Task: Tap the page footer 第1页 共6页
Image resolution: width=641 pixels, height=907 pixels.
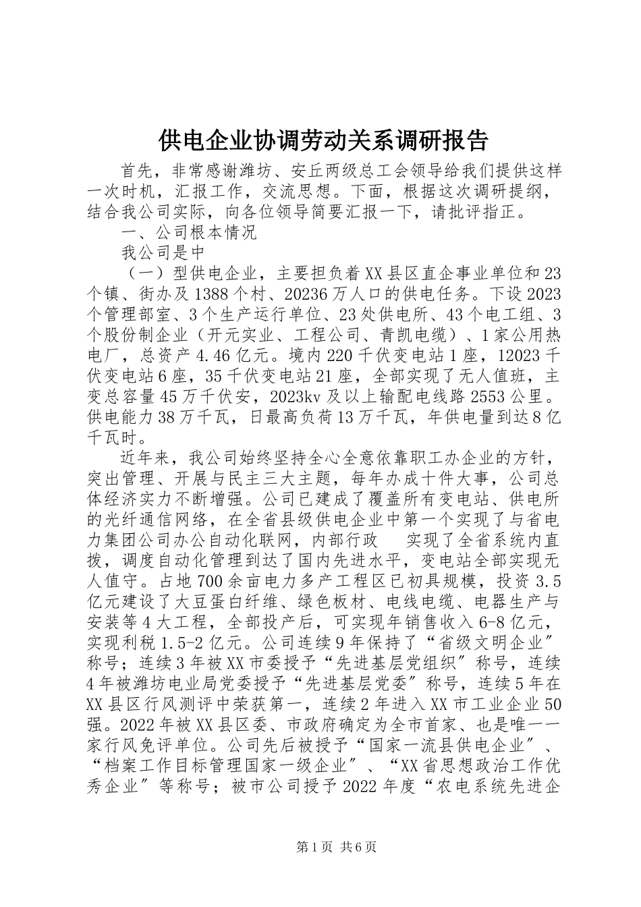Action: pyautogui.click(x=321, y=846)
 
